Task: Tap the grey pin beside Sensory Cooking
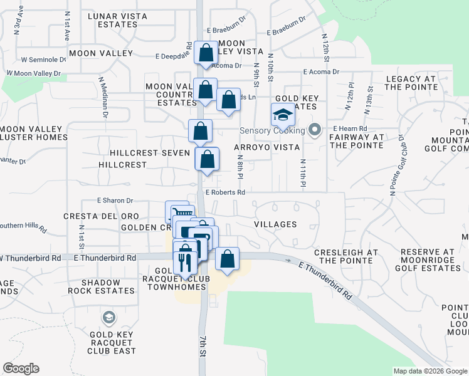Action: tap(315, 130)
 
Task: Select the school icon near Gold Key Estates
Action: tap(282, 115)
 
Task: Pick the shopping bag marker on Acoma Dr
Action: tap(205, 53)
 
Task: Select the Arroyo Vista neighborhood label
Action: tap(265, 147)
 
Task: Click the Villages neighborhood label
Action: tap(275, 224)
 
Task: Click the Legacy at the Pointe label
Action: tap(411, 83)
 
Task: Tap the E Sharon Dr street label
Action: tap(115, 201)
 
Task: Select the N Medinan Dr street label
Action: tap(102, 97)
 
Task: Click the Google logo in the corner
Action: tap(21, 368)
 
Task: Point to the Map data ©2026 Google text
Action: tap(429, 371)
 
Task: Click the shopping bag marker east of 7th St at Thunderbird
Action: tap(227, 259)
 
